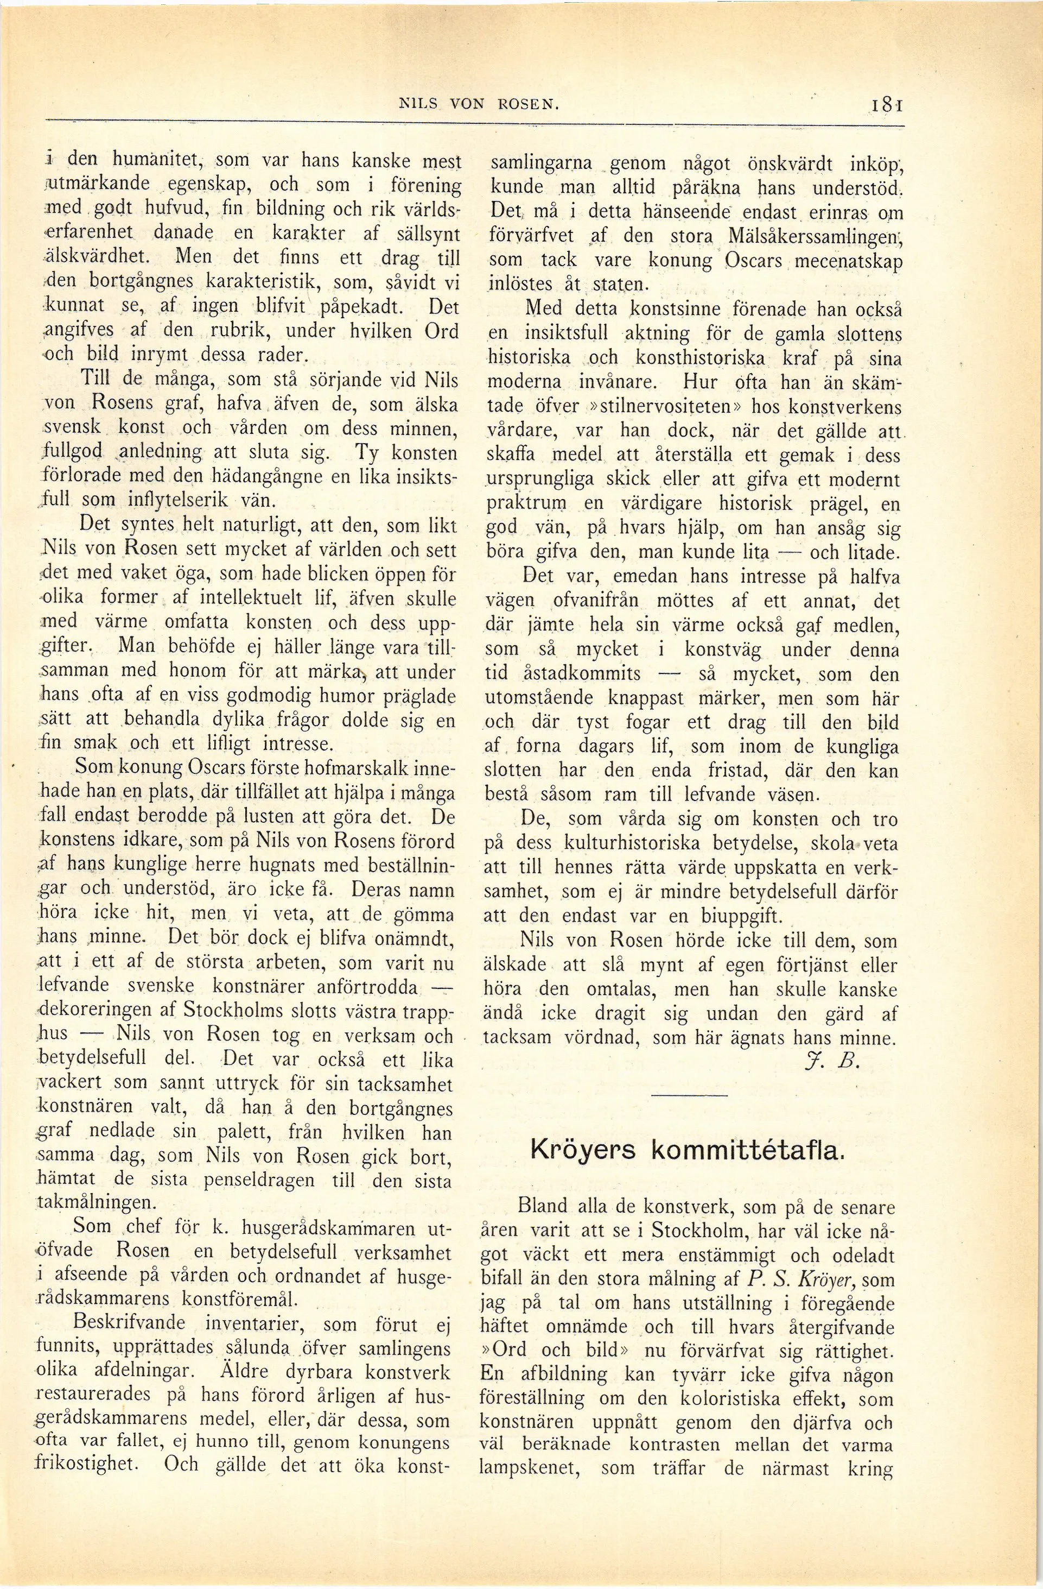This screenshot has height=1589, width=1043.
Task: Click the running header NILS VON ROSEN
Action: (x=477, y=105)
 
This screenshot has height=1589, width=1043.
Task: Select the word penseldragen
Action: (x=259, y=1179)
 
